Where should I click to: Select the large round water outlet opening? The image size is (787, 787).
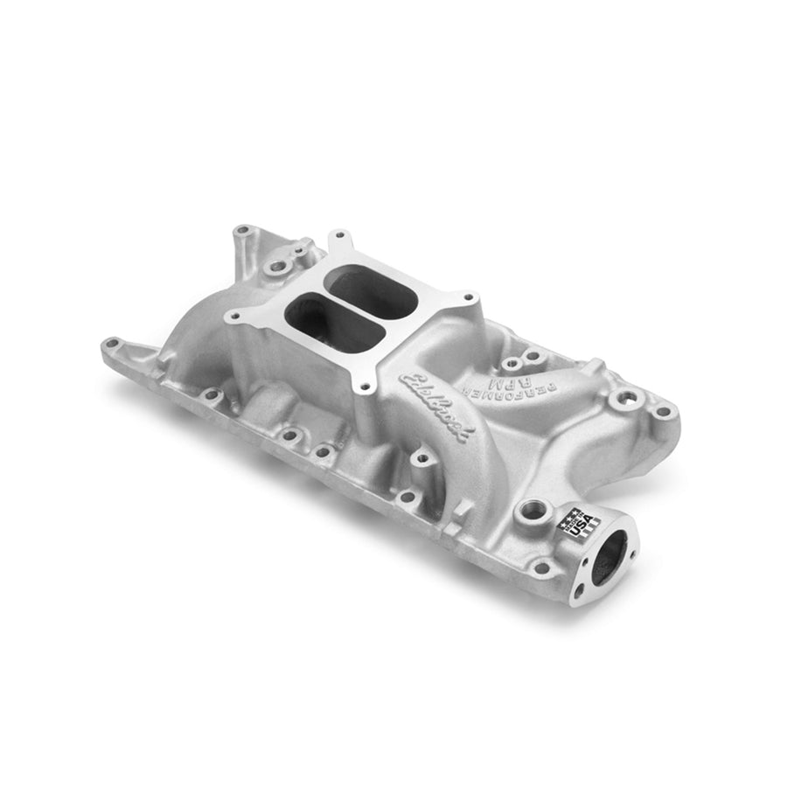coord(609,556)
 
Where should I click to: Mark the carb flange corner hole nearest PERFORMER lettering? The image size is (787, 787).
coord(471,298)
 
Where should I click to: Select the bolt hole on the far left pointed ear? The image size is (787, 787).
coord(110,344)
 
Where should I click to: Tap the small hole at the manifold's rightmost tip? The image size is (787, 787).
coord(665,411)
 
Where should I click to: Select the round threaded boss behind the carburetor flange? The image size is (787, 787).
coord(279,263)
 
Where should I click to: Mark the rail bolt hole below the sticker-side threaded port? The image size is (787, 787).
coord(542,568)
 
